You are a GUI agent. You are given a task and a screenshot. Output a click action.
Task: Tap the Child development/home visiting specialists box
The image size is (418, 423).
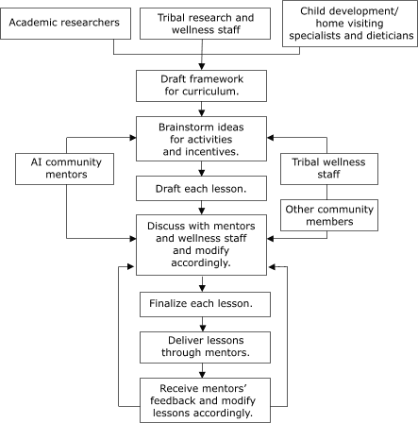coord(349,24)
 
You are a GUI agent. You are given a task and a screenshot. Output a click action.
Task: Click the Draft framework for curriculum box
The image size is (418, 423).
coord(202,87)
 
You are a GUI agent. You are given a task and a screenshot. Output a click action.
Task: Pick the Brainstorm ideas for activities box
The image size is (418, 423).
coord(202,138)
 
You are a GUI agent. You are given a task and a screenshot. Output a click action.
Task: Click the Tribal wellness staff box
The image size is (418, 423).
coord(330,169)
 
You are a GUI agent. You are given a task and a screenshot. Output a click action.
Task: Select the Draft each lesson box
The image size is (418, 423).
coord(202,189)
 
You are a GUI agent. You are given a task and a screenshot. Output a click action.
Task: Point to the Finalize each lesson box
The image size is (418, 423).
coord(202,304)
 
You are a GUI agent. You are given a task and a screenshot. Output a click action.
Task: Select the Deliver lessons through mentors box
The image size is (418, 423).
coord(202,347)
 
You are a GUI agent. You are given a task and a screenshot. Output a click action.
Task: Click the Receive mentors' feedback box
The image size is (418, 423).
coord(202,398)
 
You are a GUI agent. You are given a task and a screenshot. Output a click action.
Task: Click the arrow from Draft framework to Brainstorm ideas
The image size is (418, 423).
coord(202,110)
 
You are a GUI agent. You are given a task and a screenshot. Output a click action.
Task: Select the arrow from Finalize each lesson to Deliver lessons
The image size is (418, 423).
coord(202,324)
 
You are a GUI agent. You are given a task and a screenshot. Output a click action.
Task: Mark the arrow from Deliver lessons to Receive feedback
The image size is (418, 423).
coord(202,370)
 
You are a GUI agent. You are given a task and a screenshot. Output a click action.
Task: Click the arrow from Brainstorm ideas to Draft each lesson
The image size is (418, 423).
coord(202,169)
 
